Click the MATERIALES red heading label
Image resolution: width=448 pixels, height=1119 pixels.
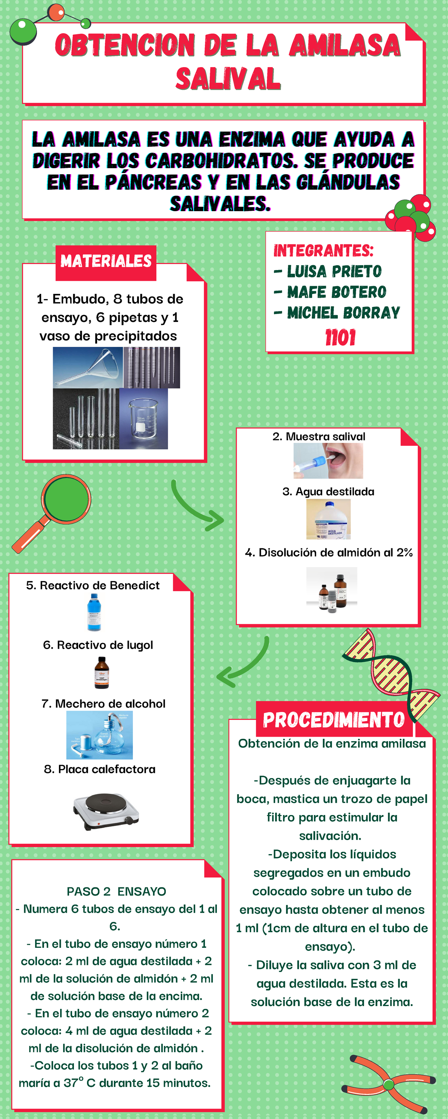tap(106, 261)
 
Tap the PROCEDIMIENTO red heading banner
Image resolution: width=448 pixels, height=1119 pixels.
tap(334, 720)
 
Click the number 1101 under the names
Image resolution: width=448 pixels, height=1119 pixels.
tap(340, 338)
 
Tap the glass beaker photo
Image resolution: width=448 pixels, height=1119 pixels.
tap(143, 419)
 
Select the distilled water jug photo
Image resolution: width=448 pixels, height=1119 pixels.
tap(329, 519)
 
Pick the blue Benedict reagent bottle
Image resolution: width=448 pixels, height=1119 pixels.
tap(94, 612)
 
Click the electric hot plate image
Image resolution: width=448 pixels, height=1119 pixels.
tap(106, 811)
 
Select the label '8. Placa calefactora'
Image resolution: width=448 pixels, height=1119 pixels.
tap(100, 769)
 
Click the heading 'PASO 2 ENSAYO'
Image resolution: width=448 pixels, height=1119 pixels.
tap(116, 891)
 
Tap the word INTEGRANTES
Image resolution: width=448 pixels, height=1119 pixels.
tap(323, 251)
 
